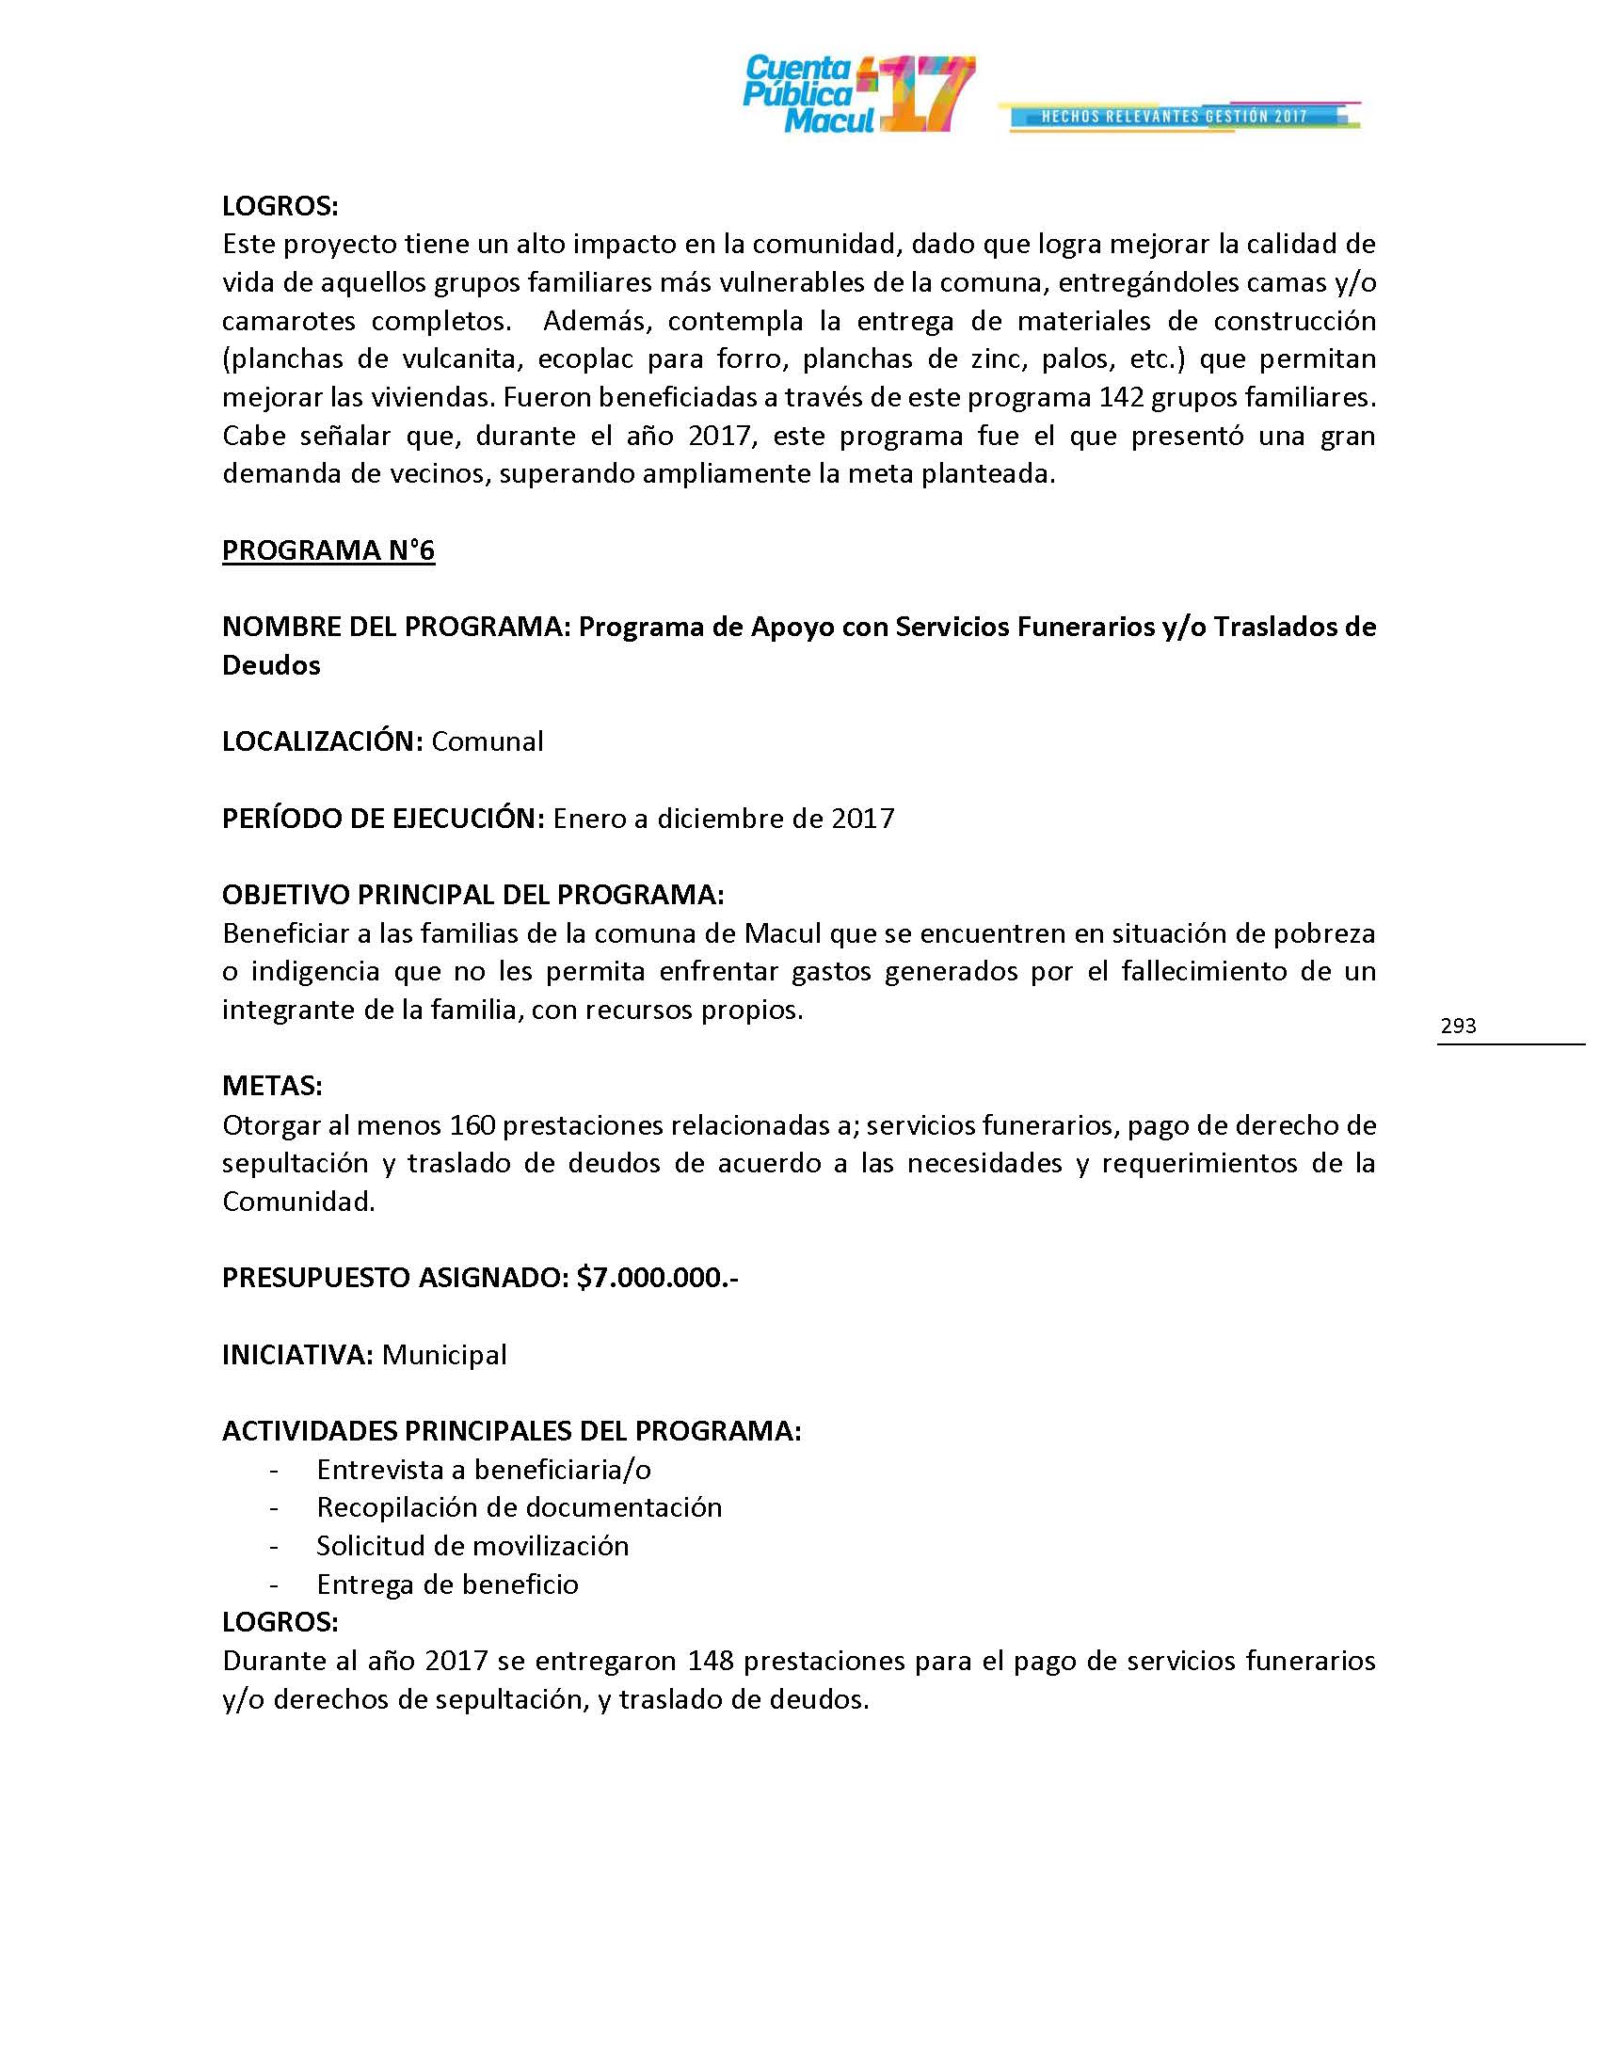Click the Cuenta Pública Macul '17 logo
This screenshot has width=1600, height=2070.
(857, 94)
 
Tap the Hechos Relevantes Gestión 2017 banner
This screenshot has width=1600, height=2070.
(1176, 117)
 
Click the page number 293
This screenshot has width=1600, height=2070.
(1458, 1026)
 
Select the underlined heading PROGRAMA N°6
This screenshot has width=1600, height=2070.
(328, 550)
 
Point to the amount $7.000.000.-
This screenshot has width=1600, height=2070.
(657, 1278)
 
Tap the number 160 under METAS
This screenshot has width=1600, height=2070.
(472, 1125)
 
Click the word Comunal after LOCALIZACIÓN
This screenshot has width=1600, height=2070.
(488, 741)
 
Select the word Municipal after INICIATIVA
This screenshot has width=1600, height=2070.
(443, 1354)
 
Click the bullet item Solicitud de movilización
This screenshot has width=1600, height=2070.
(472, 1546)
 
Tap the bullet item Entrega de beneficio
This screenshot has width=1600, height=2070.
(447, 1584)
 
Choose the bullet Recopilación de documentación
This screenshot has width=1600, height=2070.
(519, 1507)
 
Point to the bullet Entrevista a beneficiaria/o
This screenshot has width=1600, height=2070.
(484, 1469)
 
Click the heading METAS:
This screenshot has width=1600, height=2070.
(272, 1086)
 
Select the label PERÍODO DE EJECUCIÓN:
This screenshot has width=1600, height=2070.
(383, 818)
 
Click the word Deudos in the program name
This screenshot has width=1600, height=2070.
(271, 665)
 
